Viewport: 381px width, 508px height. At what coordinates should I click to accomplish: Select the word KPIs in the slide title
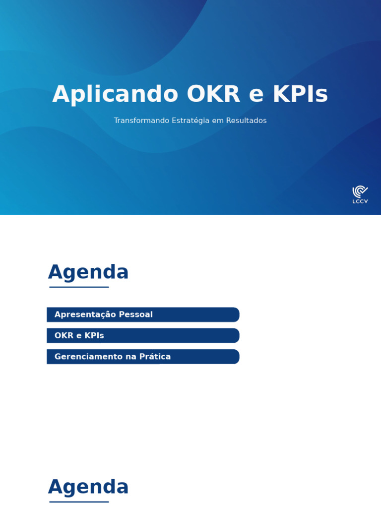(300, 94)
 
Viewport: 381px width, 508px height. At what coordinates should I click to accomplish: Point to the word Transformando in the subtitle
(141, 121)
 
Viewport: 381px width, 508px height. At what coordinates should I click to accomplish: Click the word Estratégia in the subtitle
(190, 121)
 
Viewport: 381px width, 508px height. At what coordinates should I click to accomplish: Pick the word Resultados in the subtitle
(246, 121)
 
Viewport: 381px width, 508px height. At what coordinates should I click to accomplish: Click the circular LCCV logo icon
(360, 191)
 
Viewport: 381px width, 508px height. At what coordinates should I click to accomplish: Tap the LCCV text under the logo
(360, 201)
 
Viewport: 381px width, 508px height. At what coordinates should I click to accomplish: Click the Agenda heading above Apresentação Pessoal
(88, 272)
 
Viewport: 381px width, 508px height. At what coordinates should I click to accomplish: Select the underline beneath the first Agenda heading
(79, 287)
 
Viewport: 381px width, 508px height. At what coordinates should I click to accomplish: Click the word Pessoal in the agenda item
(135, 315)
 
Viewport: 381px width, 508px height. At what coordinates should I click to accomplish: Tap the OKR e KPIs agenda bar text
(79, 336)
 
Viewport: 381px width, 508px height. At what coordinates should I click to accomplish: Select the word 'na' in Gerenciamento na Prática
(130, 357)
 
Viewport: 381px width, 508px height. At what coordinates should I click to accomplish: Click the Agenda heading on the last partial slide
(88, 487)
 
